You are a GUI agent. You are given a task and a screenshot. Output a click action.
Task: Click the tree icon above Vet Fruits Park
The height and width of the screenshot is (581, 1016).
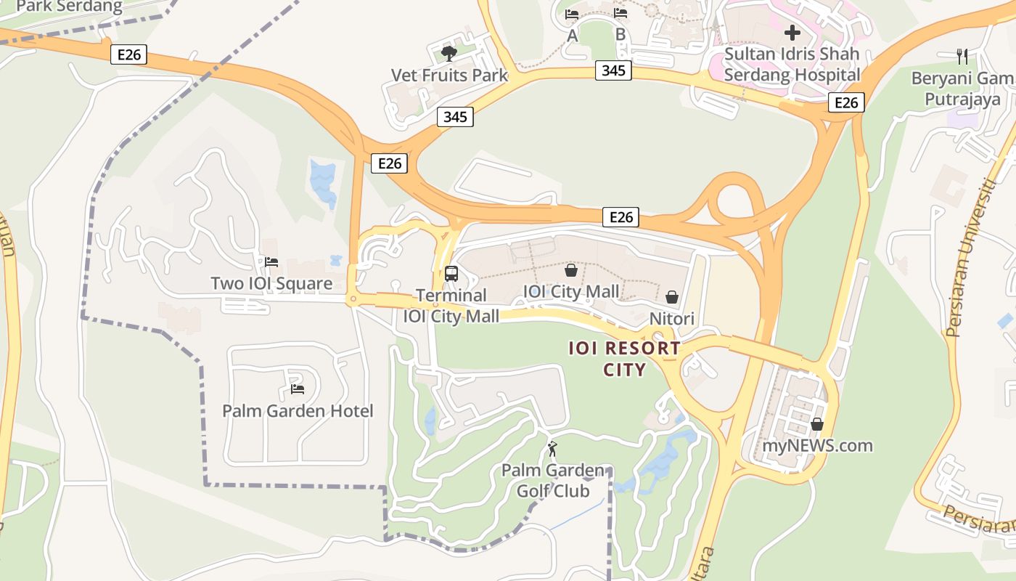point(449,53)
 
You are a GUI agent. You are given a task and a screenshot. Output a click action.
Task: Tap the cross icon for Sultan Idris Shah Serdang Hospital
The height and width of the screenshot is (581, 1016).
point(792,32)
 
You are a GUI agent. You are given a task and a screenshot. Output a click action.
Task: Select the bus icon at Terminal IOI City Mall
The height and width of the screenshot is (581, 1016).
point(451,274)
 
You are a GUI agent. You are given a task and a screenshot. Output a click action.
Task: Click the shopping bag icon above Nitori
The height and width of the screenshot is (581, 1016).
point(672,297)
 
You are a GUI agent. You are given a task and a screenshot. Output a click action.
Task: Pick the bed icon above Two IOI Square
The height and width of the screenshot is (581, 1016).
point(271,261)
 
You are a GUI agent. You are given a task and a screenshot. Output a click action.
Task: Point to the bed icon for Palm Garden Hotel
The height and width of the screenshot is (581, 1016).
point(298,389)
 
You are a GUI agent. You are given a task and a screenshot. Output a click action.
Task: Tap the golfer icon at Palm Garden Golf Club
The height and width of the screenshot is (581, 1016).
point(553,449)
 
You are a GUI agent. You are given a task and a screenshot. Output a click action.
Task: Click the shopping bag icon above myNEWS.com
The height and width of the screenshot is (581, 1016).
point(817,423)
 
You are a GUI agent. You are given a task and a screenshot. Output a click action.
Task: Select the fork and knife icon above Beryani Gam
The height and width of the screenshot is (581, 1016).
point(962,56)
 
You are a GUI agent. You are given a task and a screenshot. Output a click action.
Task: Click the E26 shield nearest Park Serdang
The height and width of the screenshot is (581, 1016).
point(129,54)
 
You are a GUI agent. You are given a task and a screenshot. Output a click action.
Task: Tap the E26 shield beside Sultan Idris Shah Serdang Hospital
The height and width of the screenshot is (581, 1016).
point(846,102)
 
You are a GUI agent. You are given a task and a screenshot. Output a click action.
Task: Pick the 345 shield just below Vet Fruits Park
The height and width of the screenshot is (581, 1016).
point(456,116)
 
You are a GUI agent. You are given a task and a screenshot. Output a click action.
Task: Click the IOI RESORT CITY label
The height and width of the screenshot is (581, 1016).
point(625,359)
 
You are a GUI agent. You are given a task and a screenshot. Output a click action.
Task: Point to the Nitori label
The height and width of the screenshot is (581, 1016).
point(672,319)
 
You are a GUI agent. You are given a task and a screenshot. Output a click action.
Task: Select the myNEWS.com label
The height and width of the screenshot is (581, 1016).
point(817,445)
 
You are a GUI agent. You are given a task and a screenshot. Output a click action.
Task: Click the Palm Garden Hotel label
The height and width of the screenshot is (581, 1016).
point(298,411)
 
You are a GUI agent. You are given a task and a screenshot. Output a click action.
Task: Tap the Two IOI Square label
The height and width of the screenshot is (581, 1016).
point(271,283)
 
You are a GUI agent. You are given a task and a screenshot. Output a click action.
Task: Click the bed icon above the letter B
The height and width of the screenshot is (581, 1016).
point(620,13)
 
